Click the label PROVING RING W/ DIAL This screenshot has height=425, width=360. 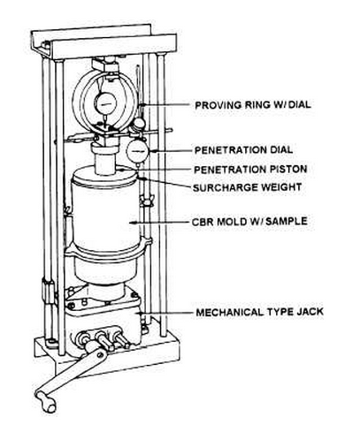pyautogui.click(x=253, y=105)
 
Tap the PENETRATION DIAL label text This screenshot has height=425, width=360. pyautogui.click(x=243, y=150)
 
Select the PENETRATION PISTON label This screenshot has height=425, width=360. pyautogui.click(x=250, y=170)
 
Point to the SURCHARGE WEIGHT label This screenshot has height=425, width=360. pyautogui.click(x=248, y=187)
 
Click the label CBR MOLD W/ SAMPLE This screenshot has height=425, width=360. pyautogui.click(x=249, y=221)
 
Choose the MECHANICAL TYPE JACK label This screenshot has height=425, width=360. pyautogui.click(x=260, y=312)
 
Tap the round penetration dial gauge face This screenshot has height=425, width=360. pyautogui.click(x=137, y=151)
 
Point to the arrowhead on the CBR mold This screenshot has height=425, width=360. pyautogui.click(x=133, y=223)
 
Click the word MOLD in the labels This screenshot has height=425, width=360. pyautogui.click(x=233, y=221)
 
